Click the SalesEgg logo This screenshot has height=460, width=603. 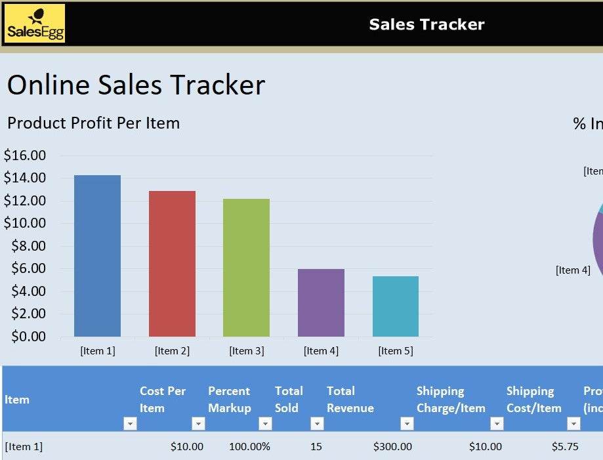coord(35,24)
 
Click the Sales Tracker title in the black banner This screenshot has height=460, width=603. coord(426,25)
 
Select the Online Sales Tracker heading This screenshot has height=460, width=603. coord(136,85)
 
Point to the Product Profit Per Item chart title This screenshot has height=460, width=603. coord(93,123)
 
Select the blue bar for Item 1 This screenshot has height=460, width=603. coord(97,256)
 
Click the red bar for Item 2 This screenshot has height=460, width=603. coord(172,264)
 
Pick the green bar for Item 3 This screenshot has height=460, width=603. coord(246,268)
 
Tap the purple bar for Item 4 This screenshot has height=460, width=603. coord(321,303)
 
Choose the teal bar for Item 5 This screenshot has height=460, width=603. coord(395,306)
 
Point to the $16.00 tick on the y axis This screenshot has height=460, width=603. coord(25,156)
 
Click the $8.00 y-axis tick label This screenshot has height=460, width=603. coord(28,246)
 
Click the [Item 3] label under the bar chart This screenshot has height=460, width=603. coord(246,351)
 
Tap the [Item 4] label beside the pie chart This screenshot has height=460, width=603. coord(573,270)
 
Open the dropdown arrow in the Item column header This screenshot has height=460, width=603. coord(130,424)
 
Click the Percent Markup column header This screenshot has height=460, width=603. coord(229,399)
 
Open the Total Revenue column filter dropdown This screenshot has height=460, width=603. coord(407,424)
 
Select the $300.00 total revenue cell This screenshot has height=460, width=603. coord(392,447)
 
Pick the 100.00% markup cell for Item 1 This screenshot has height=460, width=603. coord(249,447)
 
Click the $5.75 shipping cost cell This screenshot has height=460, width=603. coord(565,447)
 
